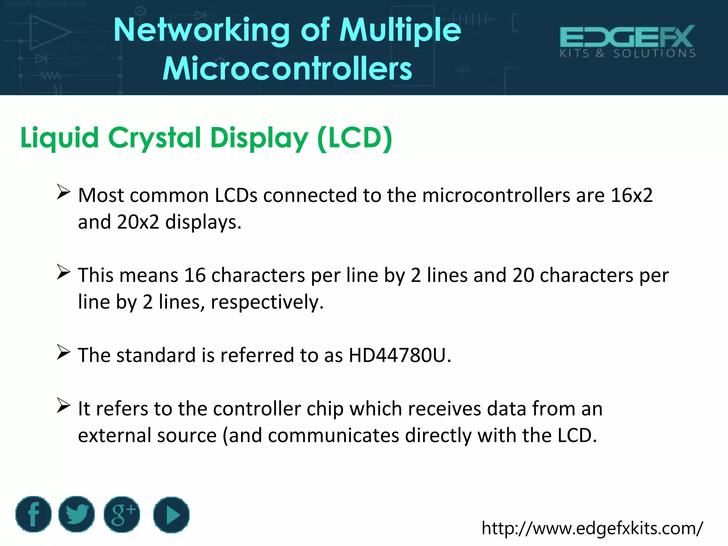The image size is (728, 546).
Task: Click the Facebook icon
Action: (x=33, y=514)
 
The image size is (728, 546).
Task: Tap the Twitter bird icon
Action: (x=76, y=514)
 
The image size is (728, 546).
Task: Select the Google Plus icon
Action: (x=122, y=514)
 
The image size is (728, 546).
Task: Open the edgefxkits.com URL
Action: (x=592, y=528)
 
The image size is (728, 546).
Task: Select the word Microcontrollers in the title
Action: (x=287, y=68)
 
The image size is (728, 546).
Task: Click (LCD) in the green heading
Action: (x=355, y=138)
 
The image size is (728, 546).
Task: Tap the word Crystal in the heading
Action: (x=155, y=138)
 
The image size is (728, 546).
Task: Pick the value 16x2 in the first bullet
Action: (x=631, y=195)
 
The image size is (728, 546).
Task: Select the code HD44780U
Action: (x=397, y=355)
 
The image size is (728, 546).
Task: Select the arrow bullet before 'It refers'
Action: (x=64, y=406)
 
